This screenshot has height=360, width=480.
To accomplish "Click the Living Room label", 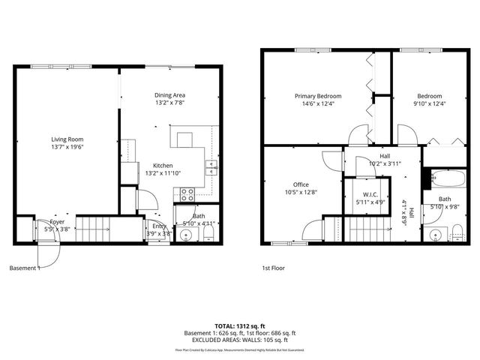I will point(67,139).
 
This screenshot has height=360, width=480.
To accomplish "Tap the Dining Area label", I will point(169,95).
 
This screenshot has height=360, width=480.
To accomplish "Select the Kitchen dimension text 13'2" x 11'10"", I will point(163,173).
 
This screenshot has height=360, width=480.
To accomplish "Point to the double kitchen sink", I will point(211,166).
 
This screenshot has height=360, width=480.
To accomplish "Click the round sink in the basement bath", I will point(187,235).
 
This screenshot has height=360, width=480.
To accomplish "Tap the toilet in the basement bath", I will point(209,235).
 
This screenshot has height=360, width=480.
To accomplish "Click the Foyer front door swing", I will point(49,254).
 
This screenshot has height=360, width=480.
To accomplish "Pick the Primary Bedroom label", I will point(318,96).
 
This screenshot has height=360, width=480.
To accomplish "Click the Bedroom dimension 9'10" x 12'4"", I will point(430,104).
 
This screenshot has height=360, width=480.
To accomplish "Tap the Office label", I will point(301,184).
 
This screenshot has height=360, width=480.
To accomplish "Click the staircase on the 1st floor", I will point(367,228).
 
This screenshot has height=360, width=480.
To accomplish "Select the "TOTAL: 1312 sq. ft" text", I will point(240,325).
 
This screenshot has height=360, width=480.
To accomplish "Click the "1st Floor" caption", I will point(273,268).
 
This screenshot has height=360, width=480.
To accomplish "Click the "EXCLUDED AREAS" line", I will point(240,340).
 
